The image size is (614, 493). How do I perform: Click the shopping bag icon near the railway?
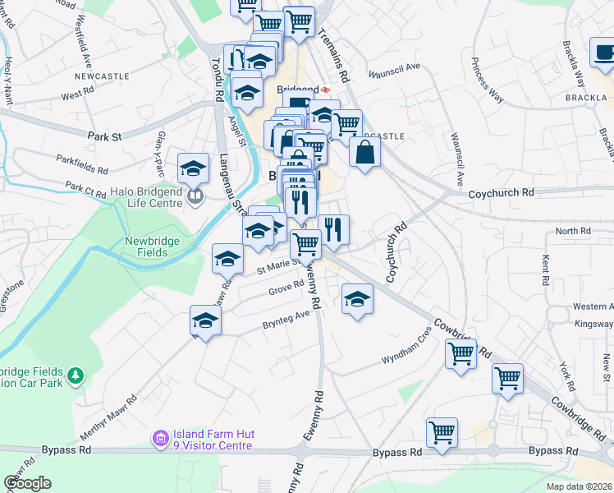(x=364, y=153)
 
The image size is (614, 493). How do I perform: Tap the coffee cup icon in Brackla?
(x=603, y=53)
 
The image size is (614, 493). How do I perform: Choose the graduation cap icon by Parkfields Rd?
(x=194, y=168)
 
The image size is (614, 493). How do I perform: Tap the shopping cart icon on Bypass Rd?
(x=442, y=432)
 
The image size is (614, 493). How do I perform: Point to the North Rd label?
(x=572, y=232)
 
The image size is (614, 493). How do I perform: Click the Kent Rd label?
(x=545, y=270)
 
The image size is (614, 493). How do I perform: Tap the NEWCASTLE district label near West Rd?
(x=102, y=76)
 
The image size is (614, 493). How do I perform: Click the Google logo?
(x=28, y=483)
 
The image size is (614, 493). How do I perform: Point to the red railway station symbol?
(x=326, y=90)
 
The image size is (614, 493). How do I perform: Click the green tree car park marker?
(x=76, y=375)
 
